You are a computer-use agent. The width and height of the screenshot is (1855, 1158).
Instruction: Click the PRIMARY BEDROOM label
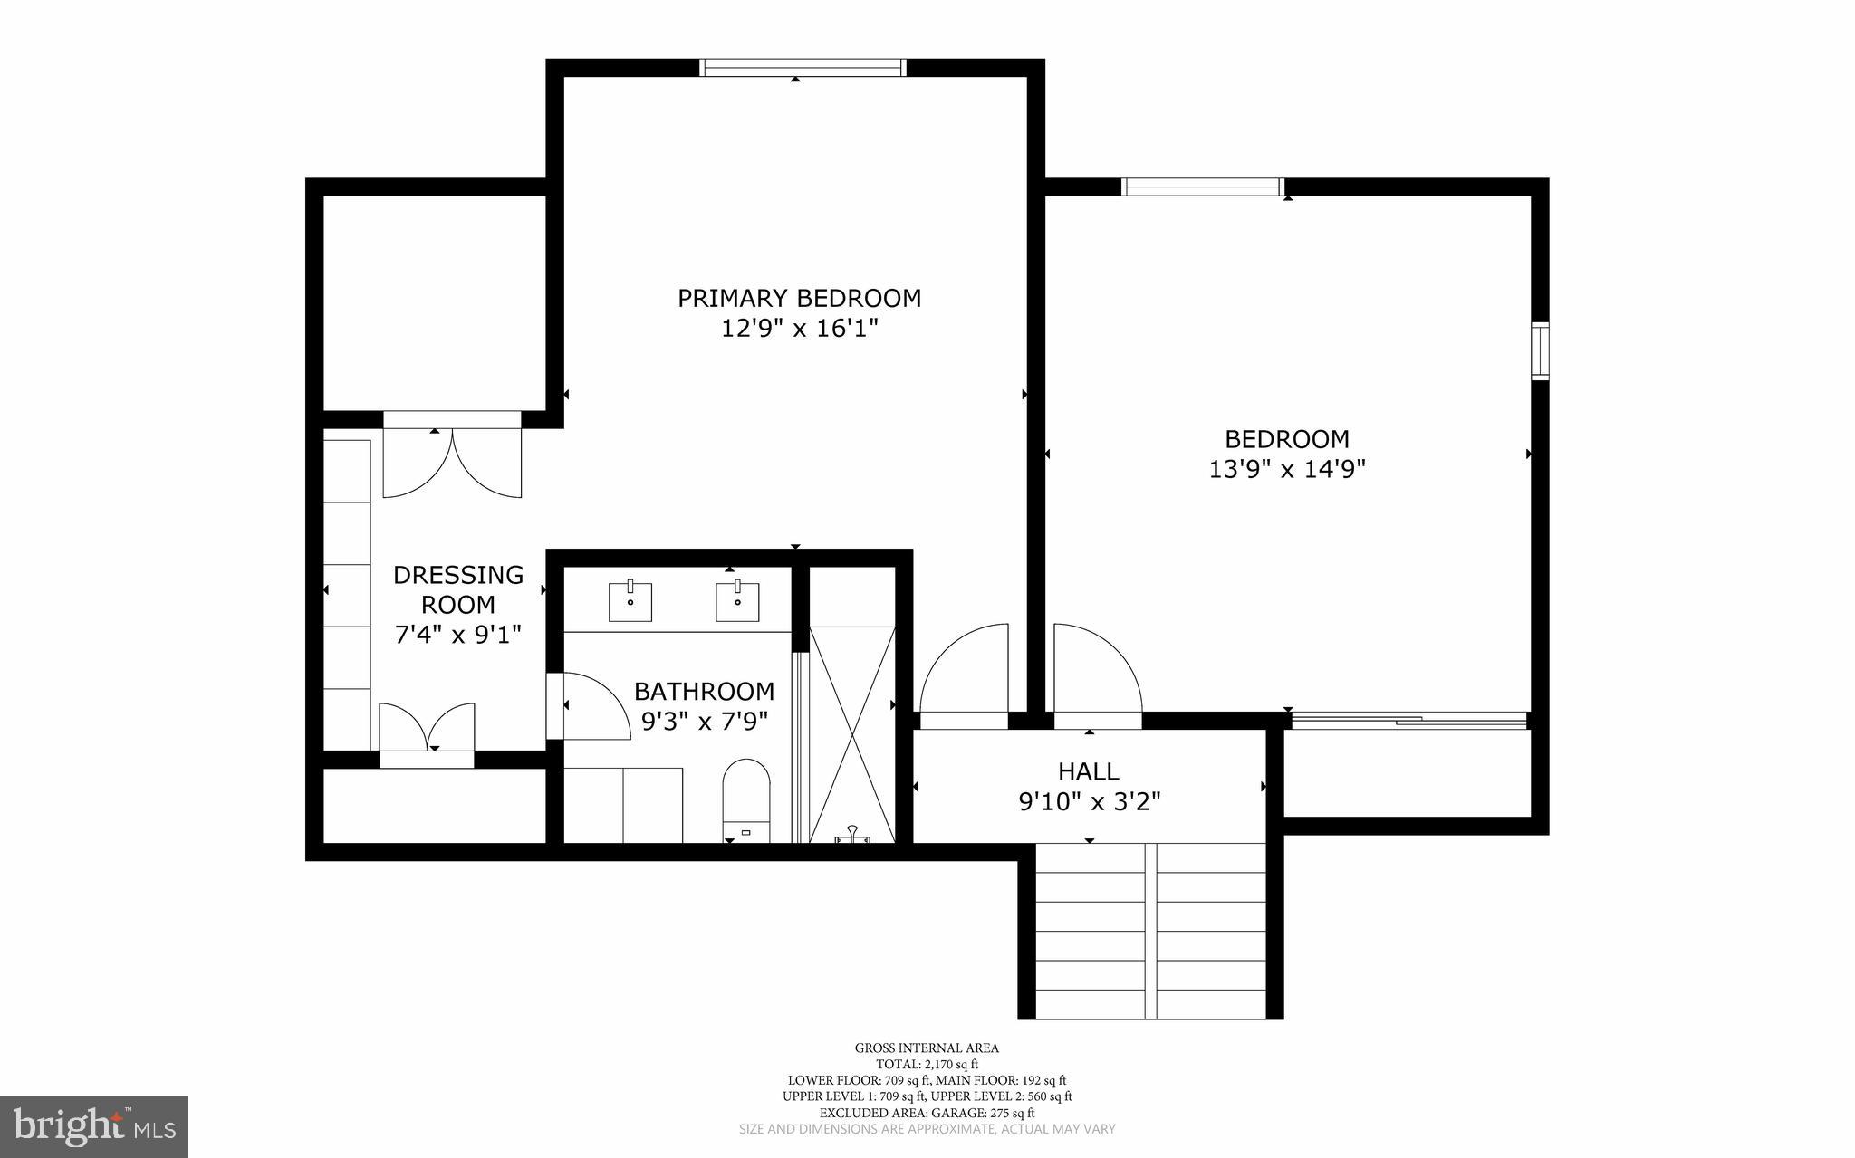[799, 298]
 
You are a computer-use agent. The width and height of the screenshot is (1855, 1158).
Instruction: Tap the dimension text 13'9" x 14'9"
[1287, 469]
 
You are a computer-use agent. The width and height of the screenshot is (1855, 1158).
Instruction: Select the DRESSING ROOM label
[457, 589]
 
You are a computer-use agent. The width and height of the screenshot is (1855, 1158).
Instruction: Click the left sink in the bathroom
[630, 602]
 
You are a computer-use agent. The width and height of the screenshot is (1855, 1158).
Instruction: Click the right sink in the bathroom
[737, 602]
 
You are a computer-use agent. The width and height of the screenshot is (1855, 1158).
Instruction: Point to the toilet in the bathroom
[746, 797]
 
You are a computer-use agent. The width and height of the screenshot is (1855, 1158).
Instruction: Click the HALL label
[1089, 771]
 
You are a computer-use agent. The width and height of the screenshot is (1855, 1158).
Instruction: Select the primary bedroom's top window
[803, 68]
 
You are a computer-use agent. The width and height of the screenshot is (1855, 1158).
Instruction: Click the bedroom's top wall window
[1202, 187]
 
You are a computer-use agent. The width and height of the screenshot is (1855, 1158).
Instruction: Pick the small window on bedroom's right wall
[1540, 350]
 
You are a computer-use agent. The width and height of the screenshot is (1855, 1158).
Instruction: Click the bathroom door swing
[593, 706]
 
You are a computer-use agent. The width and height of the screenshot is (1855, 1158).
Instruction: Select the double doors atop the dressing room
[452, 462]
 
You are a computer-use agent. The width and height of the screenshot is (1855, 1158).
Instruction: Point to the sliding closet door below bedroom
[1408, 721]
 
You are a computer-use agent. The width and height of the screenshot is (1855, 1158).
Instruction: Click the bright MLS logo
[94, 1126]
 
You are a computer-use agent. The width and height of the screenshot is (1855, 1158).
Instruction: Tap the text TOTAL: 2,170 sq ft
[927, 1064]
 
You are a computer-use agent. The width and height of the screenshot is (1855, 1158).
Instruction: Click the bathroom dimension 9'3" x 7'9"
[705, 722]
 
